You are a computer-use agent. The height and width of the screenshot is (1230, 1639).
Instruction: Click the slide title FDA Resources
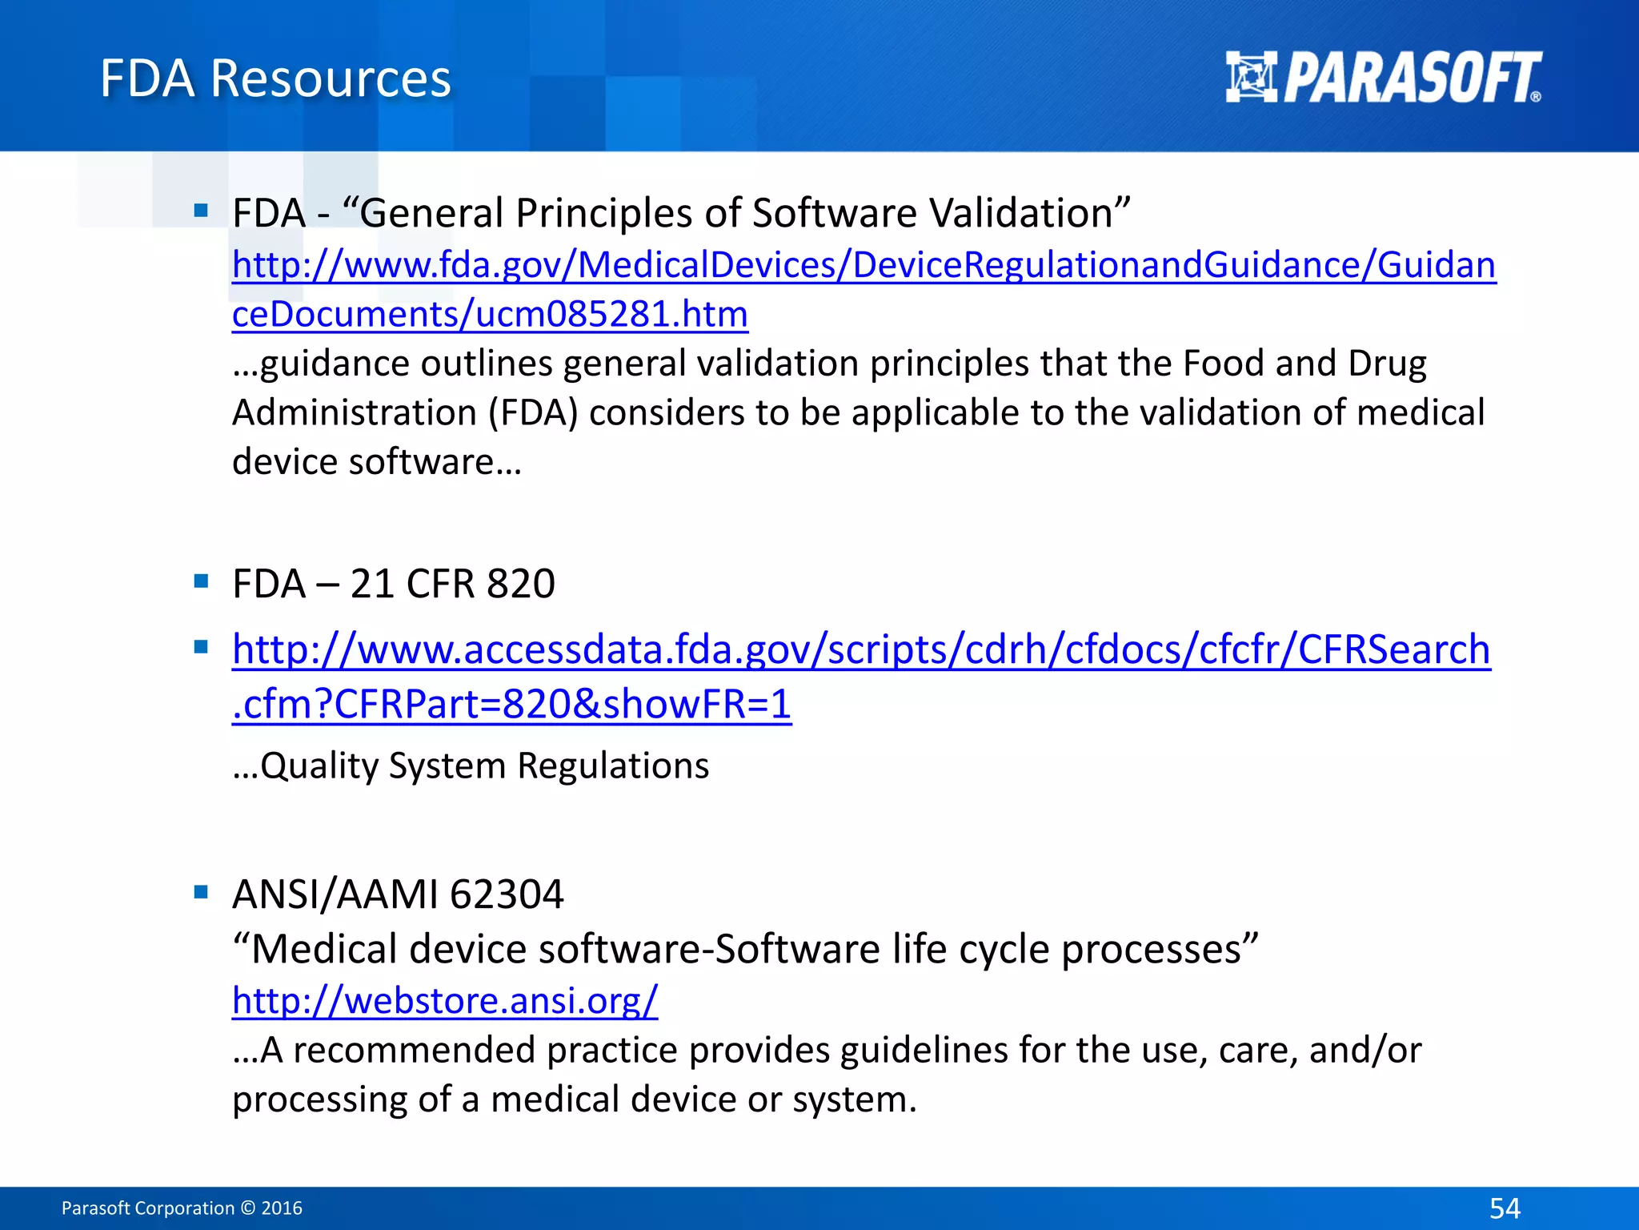[x=275, y=78]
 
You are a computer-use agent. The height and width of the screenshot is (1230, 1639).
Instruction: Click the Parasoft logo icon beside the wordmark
[x=1252, y=77]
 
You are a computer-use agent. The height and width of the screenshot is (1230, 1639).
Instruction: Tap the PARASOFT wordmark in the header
[x=1413, y=78]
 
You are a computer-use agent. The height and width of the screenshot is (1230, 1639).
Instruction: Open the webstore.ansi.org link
[x=445, y=1000]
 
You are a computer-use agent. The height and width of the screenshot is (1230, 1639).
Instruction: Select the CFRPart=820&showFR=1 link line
[x=512, y=705]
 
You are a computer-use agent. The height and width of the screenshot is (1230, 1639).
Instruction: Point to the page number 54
[x=1505, y=1208]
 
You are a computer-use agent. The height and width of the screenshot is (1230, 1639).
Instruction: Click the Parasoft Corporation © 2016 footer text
[x=182, y=1208]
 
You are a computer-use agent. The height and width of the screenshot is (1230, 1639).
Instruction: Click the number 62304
[x=507, y=894]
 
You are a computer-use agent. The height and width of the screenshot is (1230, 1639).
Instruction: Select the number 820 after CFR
[x=521, y=584]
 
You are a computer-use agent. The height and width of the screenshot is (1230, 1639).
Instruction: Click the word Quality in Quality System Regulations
[x=319, y=766]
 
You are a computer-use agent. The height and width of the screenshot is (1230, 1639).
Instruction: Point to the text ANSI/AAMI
[x=335, y=894]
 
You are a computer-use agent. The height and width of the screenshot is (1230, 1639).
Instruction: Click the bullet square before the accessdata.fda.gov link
[x=201, y=646]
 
